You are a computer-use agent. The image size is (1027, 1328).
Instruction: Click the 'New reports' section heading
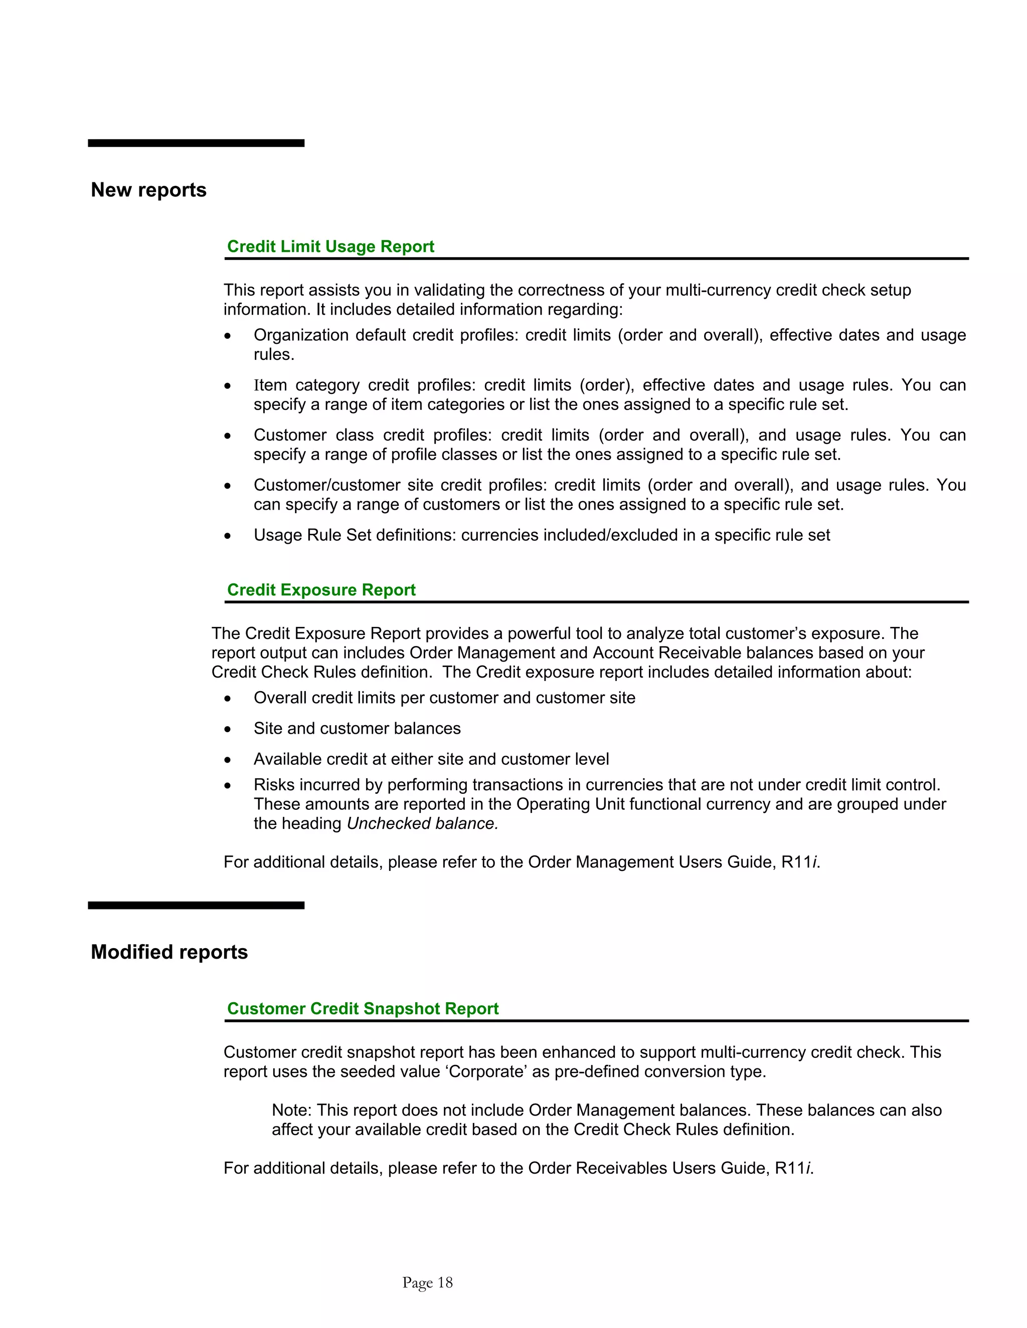point(148,190)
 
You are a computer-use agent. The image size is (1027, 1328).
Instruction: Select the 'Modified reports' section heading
point(169,952)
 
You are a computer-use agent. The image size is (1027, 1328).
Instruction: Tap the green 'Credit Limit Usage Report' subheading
point(330,246)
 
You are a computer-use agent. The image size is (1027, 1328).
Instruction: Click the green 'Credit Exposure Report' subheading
point(321,590)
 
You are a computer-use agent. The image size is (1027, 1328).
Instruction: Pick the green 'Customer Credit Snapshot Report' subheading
point(363,1009)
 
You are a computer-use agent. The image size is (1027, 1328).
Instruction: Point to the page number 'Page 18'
point(427,1282)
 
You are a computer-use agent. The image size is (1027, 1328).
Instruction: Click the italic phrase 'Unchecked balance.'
point(422,823)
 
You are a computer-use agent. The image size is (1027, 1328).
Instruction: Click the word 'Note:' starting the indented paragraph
point(291,1111)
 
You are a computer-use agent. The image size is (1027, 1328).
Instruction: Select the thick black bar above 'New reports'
point(196,143)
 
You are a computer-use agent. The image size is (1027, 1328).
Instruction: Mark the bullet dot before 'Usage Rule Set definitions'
point(228,536)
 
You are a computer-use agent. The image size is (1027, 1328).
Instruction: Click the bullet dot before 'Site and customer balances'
point(228,730)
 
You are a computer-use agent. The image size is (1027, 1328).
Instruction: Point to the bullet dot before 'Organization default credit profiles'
point(228,336)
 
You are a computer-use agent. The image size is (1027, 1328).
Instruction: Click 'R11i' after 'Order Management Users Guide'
point(800,862)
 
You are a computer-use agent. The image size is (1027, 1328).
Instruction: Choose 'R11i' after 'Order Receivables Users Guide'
point(793,1168)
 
